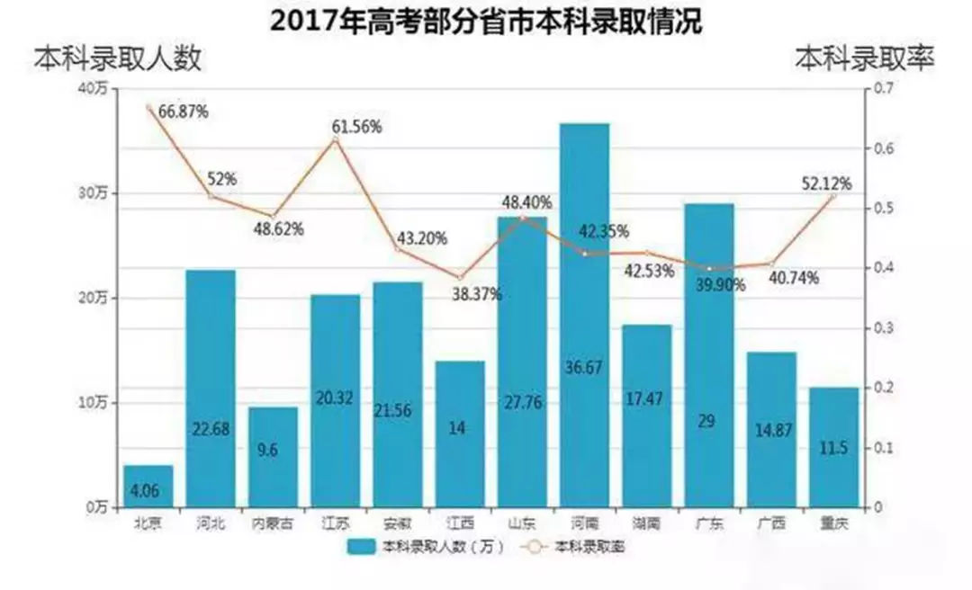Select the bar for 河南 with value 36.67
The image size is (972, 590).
click(584, 315)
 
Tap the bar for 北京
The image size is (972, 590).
click(148, 486)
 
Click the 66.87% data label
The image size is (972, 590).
click(184, 112)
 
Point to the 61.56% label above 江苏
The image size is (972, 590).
click(356, 127)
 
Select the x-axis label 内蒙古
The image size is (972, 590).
click(273, 523)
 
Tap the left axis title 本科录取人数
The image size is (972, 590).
click(118, 58)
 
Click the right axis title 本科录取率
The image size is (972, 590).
click(864, 58)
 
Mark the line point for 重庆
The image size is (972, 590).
click(832, 196)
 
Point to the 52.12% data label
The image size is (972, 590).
click(826, 183)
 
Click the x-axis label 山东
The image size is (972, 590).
click(522, 523)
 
